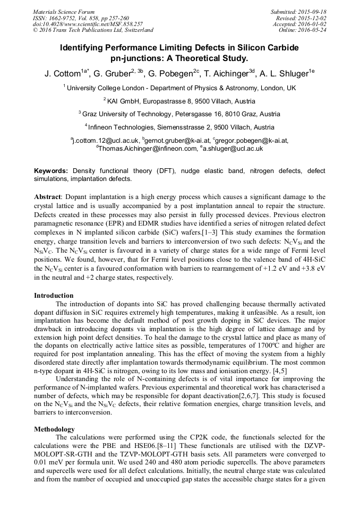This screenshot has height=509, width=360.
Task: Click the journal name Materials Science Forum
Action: click(64, 12)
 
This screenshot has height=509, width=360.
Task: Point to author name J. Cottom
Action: click(62, 74)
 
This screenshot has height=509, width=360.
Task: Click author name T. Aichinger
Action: click(228, 74)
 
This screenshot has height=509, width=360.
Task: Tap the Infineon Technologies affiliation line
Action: click(181, 127)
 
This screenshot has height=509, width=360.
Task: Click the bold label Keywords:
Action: click(51, 171)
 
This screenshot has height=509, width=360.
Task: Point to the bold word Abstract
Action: click(48, 196)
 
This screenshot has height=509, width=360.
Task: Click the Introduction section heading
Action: click(54, 296)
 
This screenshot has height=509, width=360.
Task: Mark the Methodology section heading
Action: click(54, 429)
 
